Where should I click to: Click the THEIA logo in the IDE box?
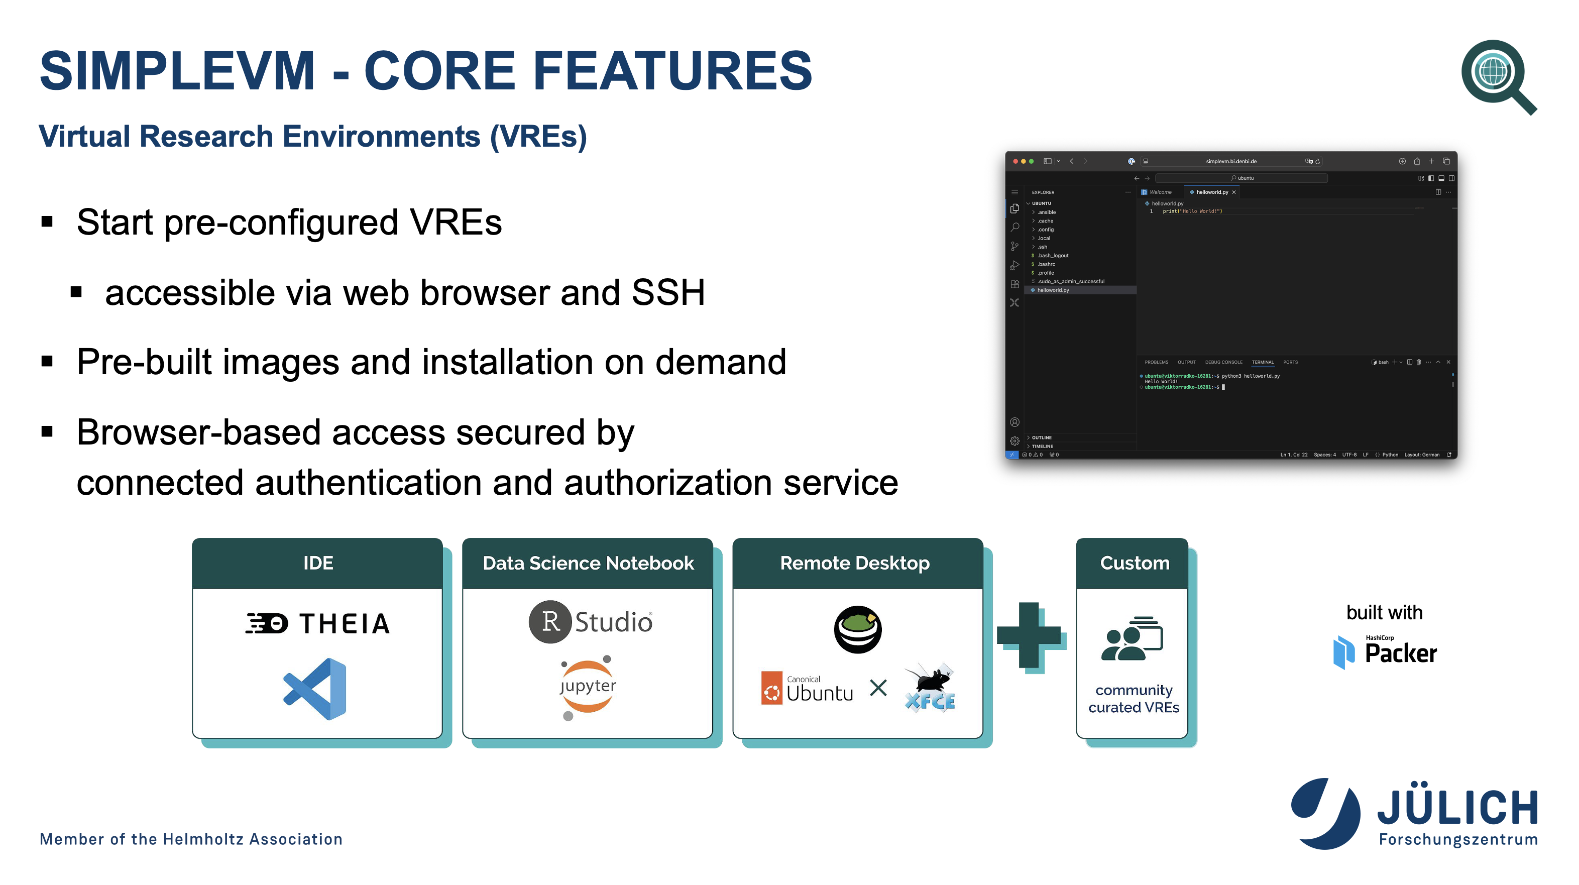317,623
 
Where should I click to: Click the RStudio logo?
590,621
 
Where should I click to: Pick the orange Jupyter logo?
587,687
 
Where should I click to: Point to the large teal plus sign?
1030,635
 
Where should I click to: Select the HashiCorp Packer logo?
1385,652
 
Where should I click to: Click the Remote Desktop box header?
855,563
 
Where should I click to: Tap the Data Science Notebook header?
588,563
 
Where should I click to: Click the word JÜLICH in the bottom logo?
1457,808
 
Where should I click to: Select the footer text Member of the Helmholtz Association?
191,839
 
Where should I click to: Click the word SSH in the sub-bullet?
667,292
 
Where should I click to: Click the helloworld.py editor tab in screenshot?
1211,192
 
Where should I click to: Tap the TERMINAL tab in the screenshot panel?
1262,362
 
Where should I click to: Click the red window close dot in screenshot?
1016,161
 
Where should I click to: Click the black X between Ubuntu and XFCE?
878,688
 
